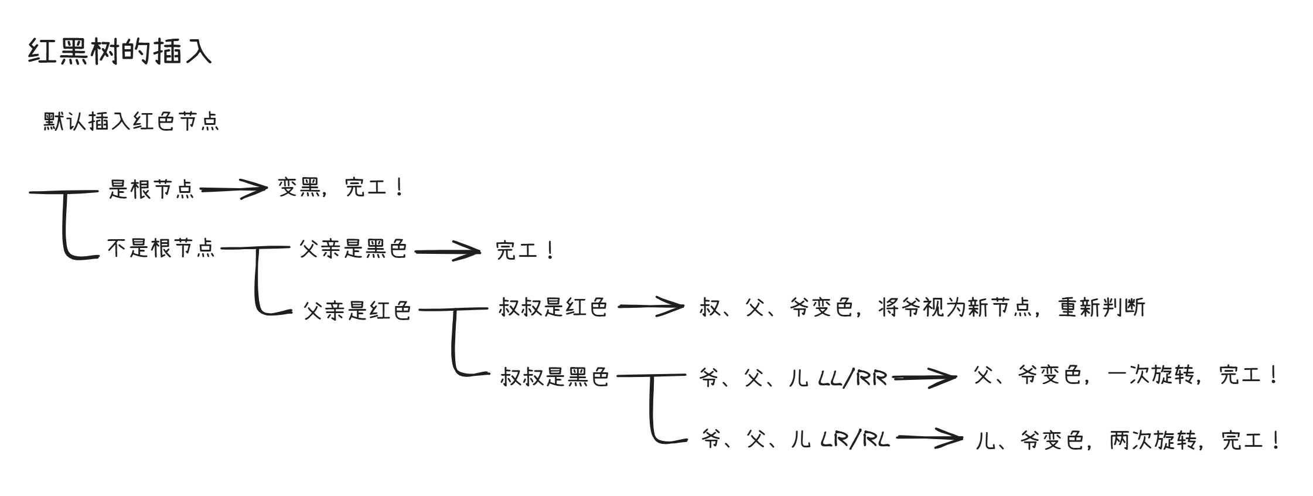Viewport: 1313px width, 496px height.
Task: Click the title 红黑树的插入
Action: pyautogui.click(x=120, y=52)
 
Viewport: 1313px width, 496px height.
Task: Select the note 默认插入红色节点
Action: pyautogui.click(x=131, y=122)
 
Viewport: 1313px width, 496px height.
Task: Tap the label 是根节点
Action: pyautogui.click(x=151, y=189)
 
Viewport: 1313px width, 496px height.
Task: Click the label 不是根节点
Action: pyautogui.click(x=161, y=248)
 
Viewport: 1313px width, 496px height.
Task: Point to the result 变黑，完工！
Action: pyautogui.click(x=342, y=188)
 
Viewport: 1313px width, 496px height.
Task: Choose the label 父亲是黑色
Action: pyautogui.click(x=353, y=249)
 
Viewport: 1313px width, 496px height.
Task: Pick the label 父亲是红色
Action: pyautogui.click(x=357, y=310)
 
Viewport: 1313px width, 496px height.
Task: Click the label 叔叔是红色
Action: pyautogui.click(x=553, y=307)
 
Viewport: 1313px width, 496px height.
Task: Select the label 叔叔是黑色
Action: pyautogui.click(x=555, y=376)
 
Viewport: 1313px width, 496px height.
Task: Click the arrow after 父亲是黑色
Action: pyautogui.click(x=448, y=252)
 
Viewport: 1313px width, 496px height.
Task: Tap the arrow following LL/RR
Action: pyautogui.click(x=925, y=378)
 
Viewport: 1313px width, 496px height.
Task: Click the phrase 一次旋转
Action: pyautogui.click(x=1152, y=375)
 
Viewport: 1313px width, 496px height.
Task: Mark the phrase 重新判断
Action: pyautogui.click(x=1102, y=307)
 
